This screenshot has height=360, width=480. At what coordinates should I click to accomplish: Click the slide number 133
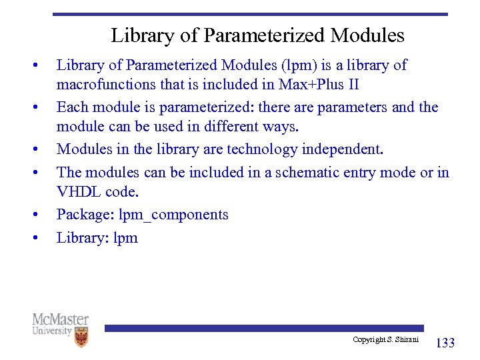[445, 343]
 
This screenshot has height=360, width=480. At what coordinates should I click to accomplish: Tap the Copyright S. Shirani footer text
[385, 340]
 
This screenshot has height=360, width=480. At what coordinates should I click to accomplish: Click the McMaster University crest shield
[81, 337]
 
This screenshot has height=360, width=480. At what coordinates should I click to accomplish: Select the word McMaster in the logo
[60, 319]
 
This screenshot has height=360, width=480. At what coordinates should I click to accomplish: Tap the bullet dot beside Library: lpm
[33, 237]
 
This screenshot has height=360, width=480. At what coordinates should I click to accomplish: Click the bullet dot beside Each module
[33, 107]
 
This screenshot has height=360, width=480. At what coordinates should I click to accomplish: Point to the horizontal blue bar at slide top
[250, 14]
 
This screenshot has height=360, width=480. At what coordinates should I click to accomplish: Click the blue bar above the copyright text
[264, 328]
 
